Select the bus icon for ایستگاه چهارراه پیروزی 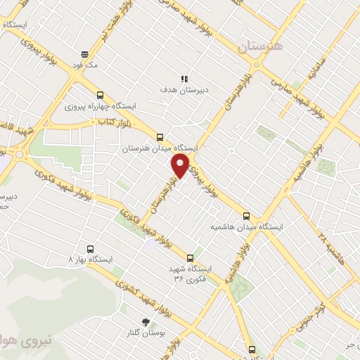click(100, 95)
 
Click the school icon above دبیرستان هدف click(184, 79)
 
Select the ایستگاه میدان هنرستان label click(161, 148)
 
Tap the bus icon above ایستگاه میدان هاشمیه click(246, 216)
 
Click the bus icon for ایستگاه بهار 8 click(89, 248)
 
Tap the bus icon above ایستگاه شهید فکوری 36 click(191, 258)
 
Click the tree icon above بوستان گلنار click(146, 321)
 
